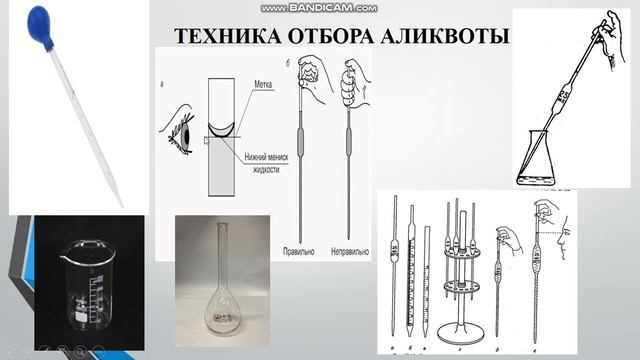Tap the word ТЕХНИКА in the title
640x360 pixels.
[219, 37]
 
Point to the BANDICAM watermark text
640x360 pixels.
[319, 7]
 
